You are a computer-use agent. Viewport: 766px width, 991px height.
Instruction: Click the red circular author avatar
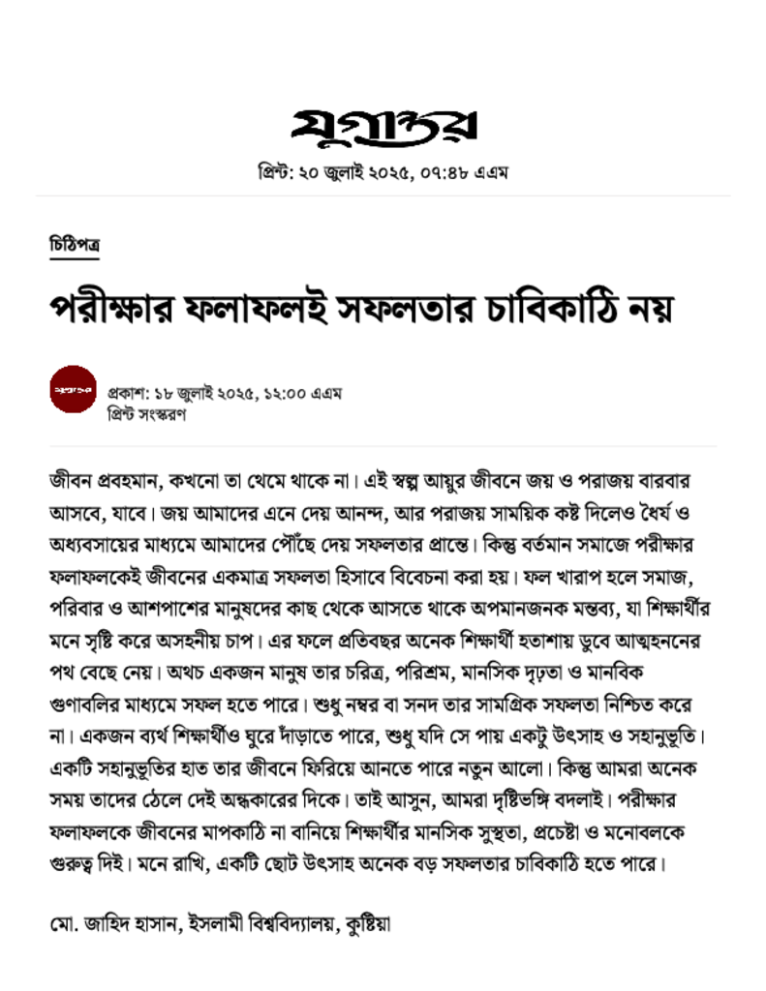[x=74, y=389]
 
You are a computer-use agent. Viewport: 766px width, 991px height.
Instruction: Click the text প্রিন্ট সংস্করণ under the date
[x=146, y=414]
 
